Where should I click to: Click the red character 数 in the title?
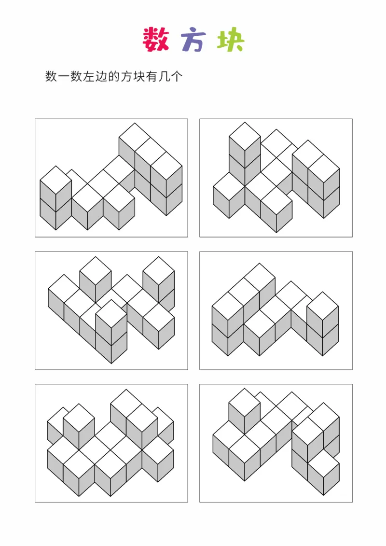point(156,40)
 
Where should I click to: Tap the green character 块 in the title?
point(231,40)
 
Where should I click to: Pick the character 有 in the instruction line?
point(152,76)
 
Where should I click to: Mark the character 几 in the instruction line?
point(164,76)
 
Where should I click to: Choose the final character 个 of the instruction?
point(177,76)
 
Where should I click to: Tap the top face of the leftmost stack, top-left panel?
point(55,180)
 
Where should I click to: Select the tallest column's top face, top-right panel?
point(245,137)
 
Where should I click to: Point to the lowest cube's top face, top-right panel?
point(276,201)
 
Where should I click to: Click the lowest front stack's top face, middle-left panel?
point(111,314)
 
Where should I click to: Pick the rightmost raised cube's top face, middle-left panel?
point(159,271)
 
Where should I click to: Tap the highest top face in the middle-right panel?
point(259,278)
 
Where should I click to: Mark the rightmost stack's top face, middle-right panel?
point(323,307)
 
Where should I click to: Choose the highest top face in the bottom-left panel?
point(126,404)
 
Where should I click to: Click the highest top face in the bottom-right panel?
point(245,403)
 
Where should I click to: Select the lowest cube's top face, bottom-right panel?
point(324,464)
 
